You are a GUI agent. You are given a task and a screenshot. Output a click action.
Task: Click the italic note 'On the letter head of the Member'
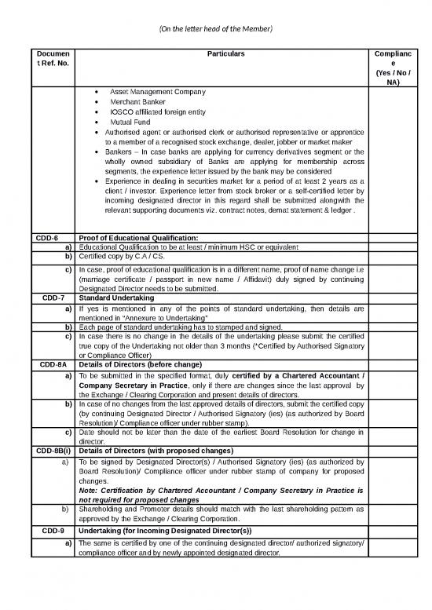pyautogui.click(x=215, y=29)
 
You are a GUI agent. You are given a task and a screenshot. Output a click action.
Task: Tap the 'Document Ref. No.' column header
pyautogui.click(x=53, y=59)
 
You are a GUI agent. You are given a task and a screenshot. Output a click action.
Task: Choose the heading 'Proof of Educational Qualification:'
pyautogui.click(x=137, y=239)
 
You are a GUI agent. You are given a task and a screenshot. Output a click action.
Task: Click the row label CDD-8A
pyautogui.click(x=53, y=365)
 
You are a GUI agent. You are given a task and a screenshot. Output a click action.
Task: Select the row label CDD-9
pyautogui.click(x=53, y=530)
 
